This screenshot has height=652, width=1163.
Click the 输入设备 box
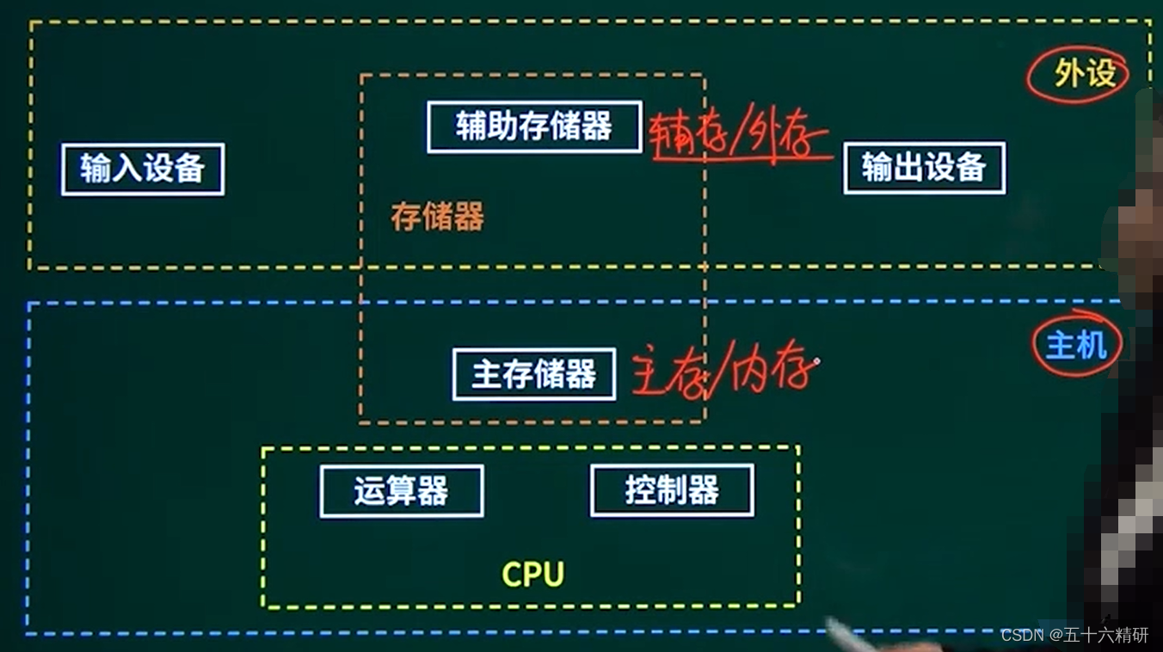click(143, 169)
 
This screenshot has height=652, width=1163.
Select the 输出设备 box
click(924, 168)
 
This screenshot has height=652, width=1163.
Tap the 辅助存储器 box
click(534, 127)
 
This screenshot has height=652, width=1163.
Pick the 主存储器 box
click(534, 374)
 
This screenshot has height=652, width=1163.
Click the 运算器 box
click(402, 491)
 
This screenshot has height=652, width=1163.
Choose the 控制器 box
click(672, 491)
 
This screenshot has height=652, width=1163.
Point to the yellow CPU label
click(532, 574)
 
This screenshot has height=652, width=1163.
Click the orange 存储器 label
click(437, 217)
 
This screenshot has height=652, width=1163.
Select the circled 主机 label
click(1076, 345)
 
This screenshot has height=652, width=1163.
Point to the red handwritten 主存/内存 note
click(723, 375)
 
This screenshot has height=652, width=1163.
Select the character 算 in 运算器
click(402, 491)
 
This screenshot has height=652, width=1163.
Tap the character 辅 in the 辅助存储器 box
click(472, 127)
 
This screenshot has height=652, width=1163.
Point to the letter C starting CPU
click(512, 574)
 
